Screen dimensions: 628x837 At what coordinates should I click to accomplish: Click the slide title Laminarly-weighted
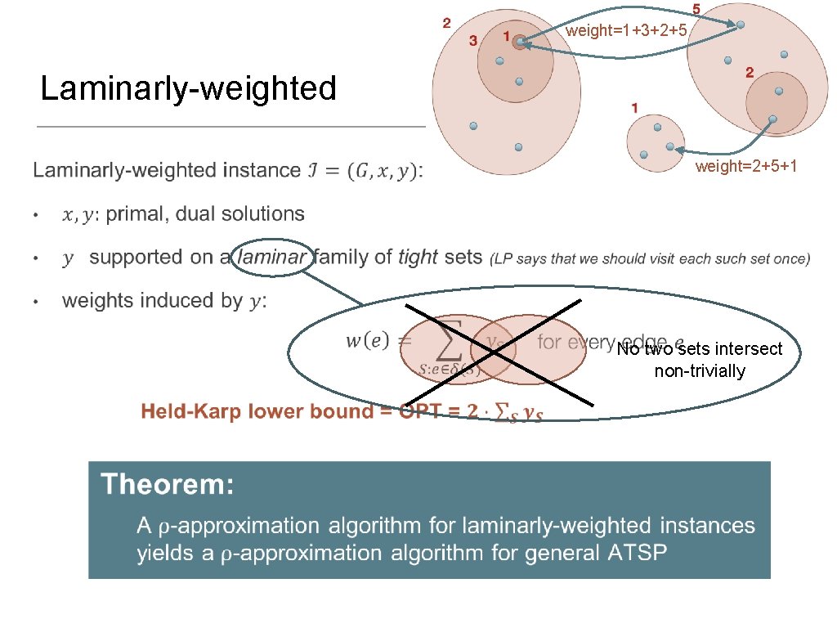189,88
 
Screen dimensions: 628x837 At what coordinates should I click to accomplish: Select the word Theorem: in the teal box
168,485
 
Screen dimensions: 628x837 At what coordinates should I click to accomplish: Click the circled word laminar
273,258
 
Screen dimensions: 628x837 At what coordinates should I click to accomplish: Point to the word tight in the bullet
418,258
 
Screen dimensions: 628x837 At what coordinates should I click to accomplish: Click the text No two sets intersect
699,349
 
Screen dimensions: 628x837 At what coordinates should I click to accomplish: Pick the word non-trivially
700,371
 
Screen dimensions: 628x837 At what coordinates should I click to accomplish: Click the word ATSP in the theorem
637,553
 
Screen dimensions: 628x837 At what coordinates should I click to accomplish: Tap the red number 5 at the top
696,9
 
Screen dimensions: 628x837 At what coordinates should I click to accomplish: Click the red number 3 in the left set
472,40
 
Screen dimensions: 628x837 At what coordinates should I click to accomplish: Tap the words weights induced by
152,301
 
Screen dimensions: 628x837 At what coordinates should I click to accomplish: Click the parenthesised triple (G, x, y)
381,171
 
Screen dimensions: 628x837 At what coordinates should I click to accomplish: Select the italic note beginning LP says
650,259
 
